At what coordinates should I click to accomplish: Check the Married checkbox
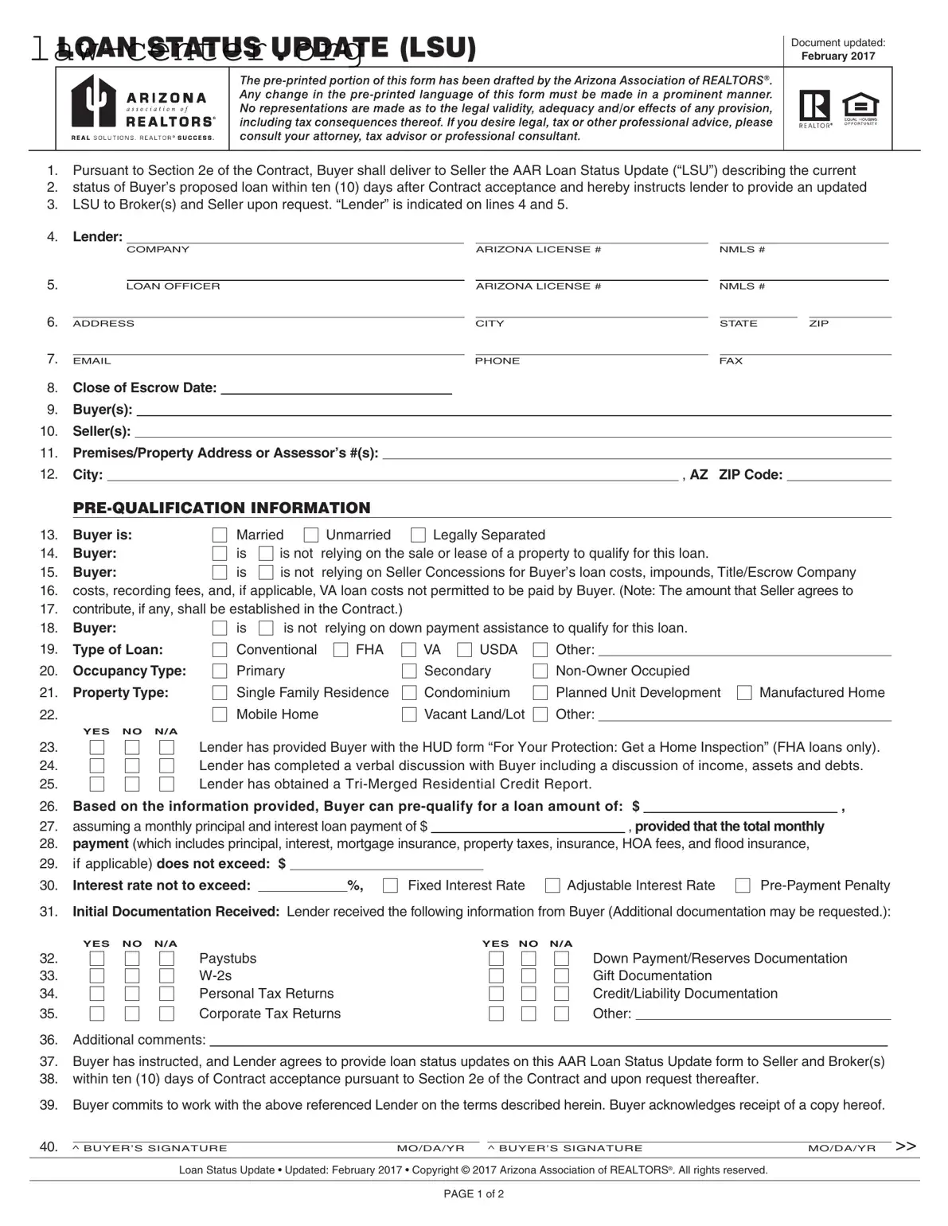point(220,535)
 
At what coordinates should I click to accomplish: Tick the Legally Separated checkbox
point(418,535)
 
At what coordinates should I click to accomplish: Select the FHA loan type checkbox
point(341,650)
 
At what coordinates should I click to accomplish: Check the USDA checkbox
point(465,650)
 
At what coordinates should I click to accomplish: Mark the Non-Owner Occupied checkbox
point(540,671)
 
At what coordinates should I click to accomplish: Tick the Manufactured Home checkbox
point(744,693)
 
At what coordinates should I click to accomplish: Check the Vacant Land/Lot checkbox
point(409,714)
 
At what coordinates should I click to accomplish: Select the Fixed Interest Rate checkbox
point(391,885)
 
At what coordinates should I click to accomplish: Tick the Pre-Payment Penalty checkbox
point(743,885)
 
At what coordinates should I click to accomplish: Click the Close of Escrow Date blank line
point(336,390)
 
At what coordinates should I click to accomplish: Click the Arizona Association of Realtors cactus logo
point(94,102)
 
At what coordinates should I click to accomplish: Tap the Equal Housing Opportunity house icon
point(860,107)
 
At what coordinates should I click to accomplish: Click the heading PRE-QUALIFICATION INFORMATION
point(221,508)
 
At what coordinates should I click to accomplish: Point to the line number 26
point(49,806)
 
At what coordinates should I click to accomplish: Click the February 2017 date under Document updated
point(837,56)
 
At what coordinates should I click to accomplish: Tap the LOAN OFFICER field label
point(173,286)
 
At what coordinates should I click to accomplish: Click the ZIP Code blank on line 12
point(838,476)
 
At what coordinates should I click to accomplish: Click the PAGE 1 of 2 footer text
point(474,1193)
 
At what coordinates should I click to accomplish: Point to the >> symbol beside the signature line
point(905,1146)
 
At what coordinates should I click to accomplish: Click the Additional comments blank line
point(548,1041)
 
